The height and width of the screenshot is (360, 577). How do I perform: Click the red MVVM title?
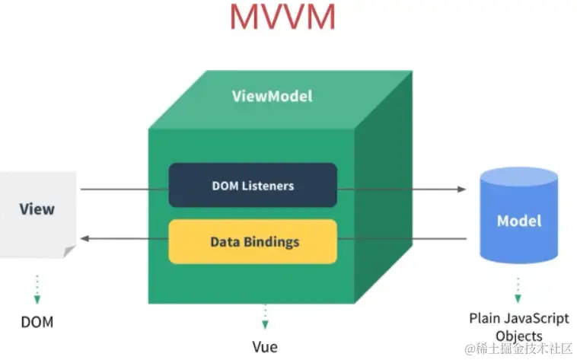click(282, 18)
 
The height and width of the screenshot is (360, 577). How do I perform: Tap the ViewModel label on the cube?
click(272, 97)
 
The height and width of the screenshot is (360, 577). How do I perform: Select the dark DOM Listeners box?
click(252, 185)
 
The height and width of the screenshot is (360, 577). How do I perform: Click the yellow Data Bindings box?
click(252, 242)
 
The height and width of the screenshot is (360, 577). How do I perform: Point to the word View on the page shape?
click(37, 209)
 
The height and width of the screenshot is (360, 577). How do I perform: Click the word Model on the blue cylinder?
click(519, 221)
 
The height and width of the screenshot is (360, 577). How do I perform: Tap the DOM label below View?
click(37, 322)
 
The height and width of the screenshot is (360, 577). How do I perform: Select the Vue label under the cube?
click(265, 347)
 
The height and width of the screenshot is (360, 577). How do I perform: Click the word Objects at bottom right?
click(519, 336)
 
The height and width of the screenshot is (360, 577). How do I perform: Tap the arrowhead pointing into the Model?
click(461, 189)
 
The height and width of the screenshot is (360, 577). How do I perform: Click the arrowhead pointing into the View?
click(86, 239)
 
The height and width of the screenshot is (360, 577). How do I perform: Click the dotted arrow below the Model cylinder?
click(518, 290)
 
